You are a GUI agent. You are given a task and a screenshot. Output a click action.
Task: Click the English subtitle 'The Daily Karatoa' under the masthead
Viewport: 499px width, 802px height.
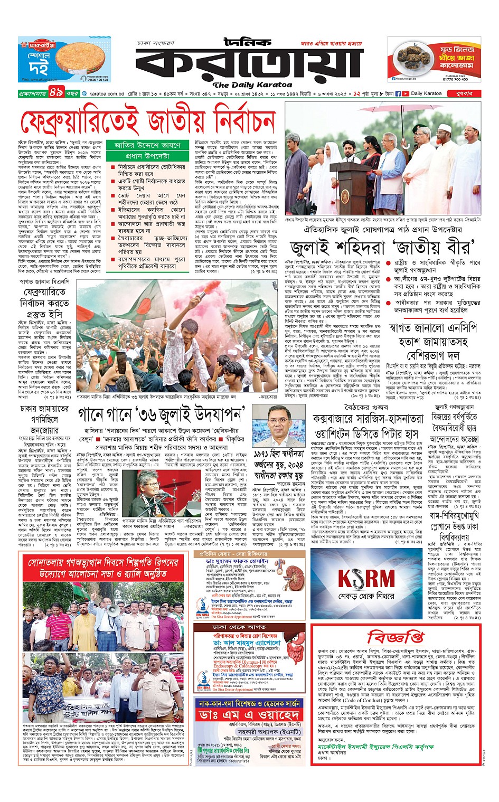coord(252,84)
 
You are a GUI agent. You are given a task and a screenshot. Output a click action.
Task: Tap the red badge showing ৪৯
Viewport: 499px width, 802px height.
coord(56,93)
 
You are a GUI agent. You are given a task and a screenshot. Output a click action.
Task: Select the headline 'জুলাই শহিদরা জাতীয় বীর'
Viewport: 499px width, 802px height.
coord(380,247)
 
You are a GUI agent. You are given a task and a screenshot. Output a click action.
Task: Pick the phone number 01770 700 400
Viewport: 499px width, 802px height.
coord(455,79)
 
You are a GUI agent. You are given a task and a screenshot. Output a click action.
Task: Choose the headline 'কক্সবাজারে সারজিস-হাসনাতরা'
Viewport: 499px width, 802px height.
coord(368,419)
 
